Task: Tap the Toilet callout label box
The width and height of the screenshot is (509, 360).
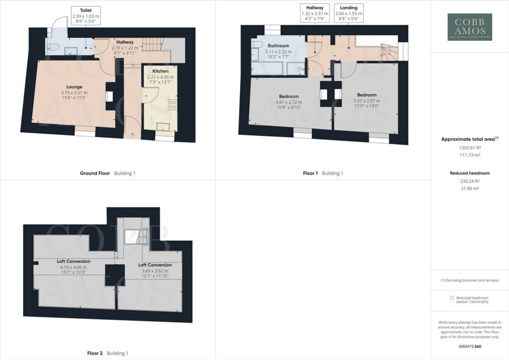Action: [86, 16]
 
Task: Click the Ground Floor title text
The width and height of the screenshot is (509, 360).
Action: [95, 174]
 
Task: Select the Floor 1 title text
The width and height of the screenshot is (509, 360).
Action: [310, 174]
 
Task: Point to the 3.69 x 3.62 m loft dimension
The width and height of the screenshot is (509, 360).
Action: [155, 270]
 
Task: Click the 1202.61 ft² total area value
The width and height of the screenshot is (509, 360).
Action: [470, 148]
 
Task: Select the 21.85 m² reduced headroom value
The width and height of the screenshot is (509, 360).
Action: [470, 189]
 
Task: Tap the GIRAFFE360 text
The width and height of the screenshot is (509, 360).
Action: [470, 346]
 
